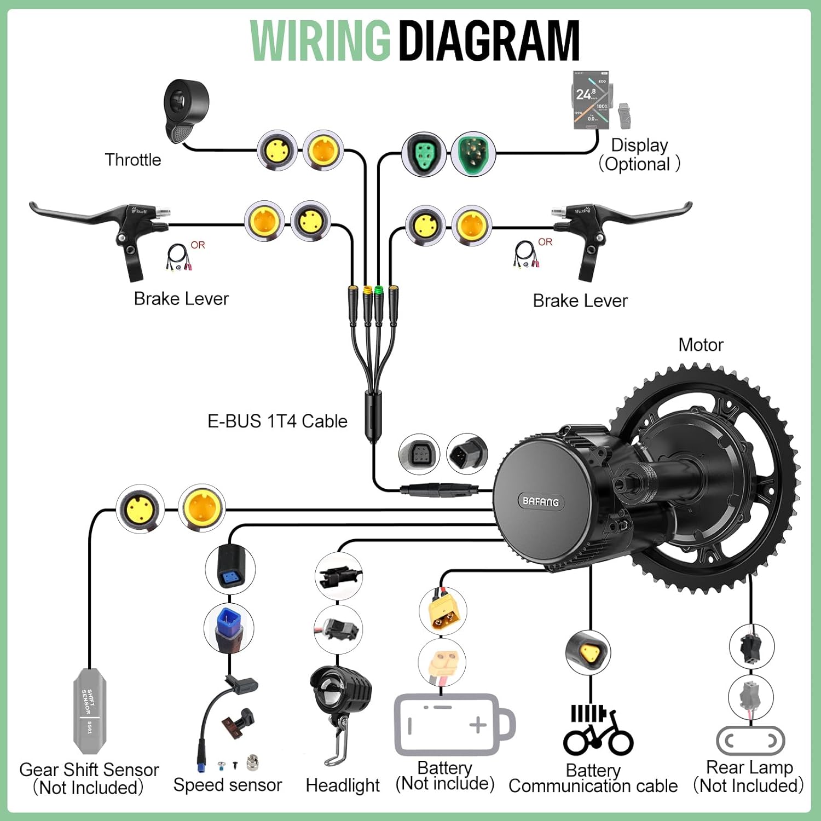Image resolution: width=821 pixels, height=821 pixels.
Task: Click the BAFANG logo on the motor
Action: [x=540, y=501]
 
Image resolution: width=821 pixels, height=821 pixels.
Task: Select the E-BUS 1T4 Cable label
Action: [x=277, y=421]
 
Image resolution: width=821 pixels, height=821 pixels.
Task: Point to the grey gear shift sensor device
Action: [x=90, y=710]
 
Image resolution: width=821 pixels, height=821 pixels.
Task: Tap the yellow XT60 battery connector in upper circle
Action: [x=443, y=611]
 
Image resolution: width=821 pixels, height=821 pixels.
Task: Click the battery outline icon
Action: [x=454, y=725]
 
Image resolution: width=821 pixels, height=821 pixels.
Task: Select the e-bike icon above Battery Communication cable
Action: [x=598, y=731]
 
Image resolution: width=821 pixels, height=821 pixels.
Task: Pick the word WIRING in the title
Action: [x=320, y=41]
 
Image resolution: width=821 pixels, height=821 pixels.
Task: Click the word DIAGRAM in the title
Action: [x=489, y=41]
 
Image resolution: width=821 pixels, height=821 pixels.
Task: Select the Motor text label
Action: [x=701, y=345]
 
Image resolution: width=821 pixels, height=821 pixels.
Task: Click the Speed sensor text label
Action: [x=227, y=785]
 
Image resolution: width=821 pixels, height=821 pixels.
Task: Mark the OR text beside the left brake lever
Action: [x=198, y=245]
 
